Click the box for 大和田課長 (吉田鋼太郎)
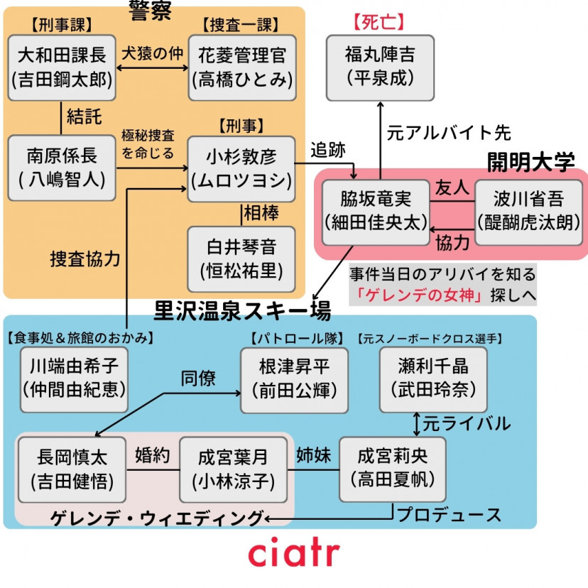tap(62, 67)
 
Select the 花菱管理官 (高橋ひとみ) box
tap(242, 67)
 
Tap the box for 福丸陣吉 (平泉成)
tap(380, 67)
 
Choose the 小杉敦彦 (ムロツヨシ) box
tap(242, 168)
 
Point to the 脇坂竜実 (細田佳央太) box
tap(376, 211)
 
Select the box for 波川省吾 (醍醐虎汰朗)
tap(528, 211)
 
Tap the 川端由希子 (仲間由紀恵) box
tap(74, 379)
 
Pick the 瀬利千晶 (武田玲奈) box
tap(433, 379)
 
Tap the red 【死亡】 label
tap(379, 21)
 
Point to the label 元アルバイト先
tap(449, 134)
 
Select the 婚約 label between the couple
tap(152, 456)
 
